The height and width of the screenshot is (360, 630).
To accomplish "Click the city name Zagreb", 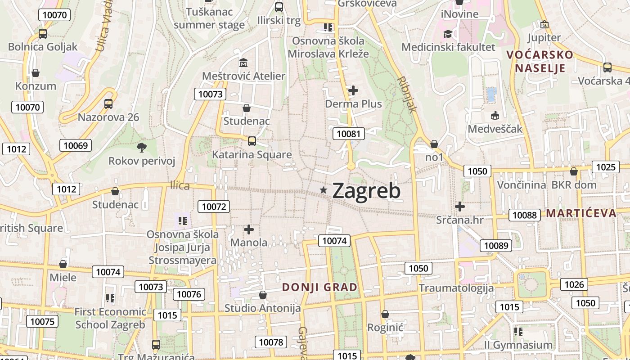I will click(366, 191).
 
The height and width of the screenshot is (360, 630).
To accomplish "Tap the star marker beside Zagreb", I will click(323, 190).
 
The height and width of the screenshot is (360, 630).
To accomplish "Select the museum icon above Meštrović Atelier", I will click(243, 62).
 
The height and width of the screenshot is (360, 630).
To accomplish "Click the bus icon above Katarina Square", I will click(252, 141).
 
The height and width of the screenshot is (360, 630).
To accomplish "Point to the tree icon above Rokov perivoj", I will click(142, 147).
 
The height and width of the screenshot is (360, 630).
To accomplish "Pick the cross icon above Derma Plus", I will click(353, 90).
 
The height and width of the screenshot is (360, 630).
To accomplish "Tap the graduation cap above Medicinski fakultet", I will click(448, 34).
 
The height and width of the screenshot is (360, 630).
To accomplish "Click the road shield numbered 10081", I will click(349, 134).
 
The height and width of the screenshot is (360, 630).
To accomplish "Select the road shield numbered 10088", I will click(525, 215).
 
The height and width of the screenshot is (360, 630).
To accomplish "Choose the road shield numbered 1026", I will click(574, 284).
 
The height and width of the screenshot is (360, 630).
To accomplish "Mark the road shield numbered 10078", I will click(271, 342).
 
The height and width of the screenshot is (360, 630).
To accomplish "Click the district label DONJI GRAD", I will click(319, 287).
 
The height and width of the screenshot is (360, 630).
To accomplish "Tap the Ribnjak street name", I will click(407, 94).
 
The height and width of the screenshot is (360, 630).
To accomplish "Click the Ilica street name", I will click(180, 185).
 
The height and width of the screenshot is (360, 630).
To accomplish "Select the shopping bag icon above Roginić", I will click(385, 314).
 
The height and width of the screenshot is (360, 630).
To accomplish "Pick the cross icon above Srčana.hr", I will click(460, 207).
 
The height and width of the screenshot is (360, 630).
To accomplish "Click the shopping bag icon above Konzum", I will click(36, 73).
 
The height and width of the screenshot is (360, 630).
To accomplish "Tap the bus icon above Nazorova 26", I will click(108, 104).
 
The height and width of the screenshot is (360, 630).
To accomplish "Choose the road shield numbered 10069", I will click(76, 145).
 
